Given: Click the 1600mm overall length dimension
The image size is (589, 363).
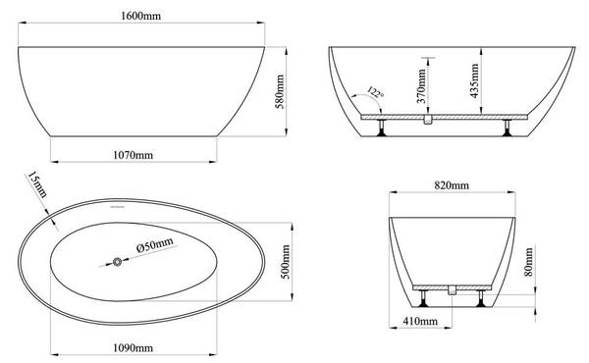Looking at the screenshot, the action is point(140,16).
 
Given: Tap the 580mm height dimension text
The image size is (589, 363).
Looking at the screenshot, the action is point(280,92).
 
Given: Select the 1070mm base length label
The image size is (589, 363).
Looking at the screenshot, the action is point(133,155).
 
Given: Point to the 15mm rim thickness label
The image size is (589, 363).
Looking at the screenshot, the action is point(37,184).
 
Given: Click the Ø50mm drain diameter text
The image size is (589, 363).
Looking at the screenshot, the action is point(155,244).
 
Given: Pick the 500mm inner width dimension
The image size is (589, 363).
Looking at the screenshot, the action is point(286,262).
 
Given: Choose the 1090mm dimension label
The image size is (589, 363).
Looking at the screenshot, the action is point(133,348).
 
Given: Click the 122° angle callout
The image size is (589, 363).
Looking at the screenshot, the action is point(375,92).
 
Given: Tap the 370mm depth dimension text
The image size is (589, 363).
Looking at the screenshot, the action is point(421,85).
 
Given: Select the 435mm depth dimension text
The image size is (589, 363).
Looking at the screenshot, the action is point(474,80).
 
